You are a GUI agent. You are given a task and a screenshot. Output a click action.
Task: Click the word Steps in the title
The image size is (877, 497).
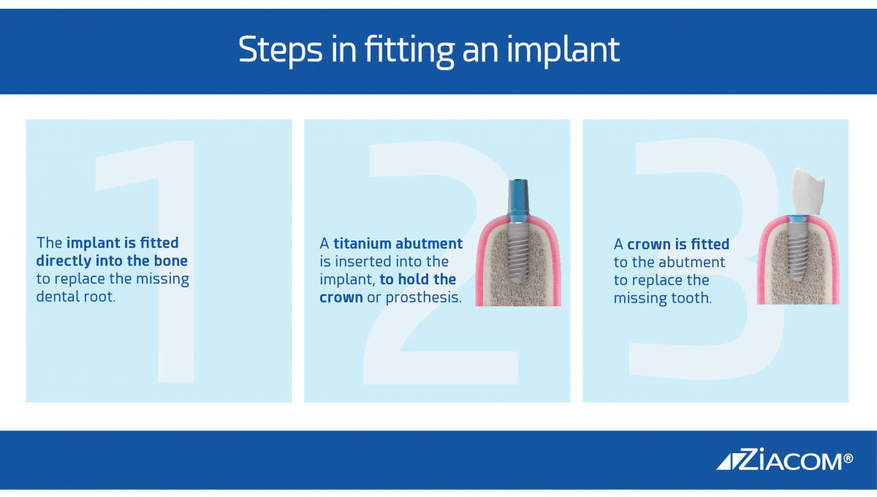click(x=281, y=50)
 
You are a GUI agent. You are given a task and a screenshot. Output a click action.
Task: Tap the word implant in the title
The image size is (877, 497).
click(x=563, y=50)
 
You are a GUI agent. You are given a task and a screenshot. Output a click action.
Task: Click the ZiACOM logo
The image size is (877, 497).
click(x=785, y=460)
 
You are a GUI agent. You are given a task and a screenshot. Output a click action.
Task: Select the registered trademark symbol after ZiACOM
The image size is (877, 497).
click(x=848, y=458)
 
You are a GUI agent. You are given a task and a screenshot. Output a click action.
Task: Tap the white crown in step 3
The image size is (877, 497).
click(x=808, y=191)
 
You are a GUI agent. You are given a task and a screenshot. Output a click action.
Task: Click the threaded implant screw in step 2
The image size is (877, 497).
click(x=518, y=253)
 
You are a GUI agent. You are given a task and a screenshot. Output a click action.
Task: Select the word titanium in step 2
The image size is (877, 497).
click(x=362, y=243)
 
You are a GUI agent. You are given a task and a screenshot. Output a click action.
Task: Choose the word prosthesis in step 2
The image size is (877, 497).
click(x=424, y=298)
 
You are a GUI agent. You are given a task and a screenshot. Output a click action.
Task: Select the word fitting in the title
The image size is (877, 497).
click(x=409, y=51)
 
